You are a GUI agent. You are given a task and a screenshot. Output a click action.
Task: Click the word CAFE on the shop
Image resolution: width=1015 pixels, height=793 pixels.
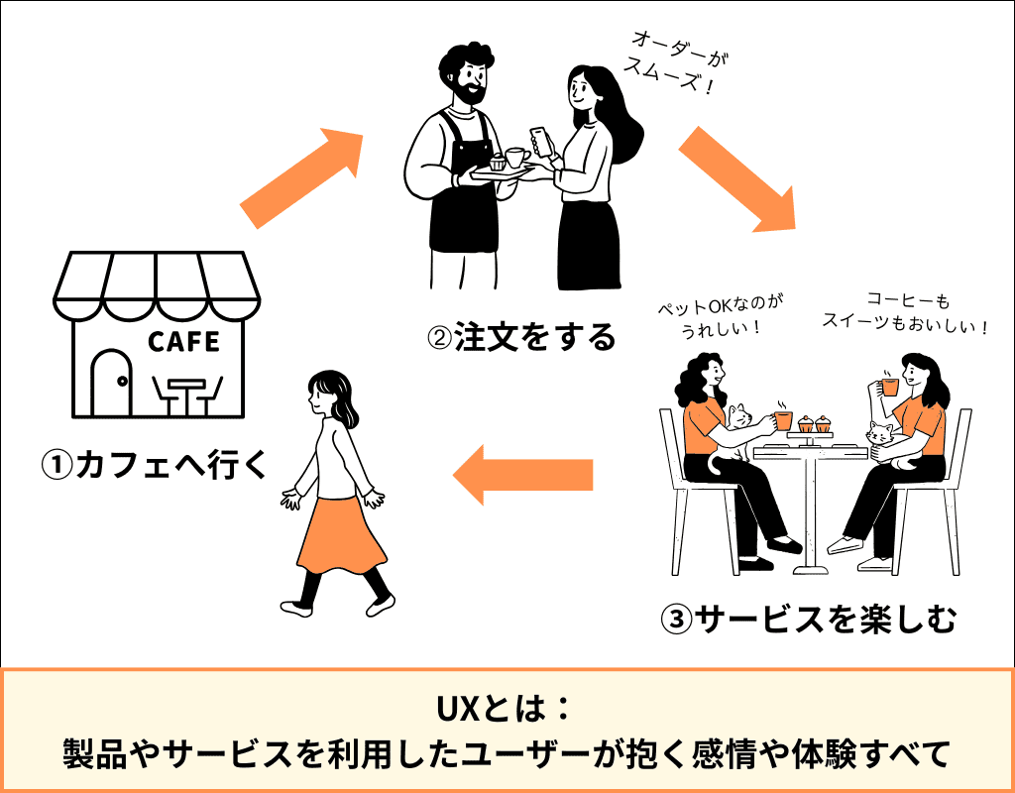click(183, 342)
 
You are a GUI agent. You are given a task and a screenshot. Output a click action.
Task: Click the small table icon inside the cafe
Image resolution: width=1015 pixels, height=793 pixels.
click(186, 395)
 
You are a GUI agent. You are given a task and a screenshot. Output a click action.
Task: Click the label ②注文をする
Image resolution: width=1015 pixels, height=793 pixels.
click(520, 338)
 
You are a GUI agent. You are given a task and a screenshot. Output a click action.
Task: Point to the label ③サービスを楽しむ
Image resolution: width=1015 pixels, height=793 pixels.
click(808, 620)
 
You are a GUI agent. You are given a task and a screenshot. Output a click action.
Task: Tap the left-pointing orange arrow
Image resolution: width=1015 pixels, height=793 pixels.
click(522, 473)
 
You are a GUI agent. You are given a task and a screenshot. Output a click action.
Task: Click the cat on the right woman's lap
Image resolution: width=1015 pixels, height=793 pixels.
click(879, 436)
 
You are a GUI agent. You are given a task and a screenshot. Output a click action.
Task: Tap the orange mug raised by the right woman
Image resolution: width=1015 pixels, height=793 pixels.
click(889, 386)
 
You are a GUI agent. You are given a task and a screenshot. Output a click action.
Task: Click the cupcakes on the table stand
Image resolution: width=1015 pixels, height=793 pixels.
click(813, 424)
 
